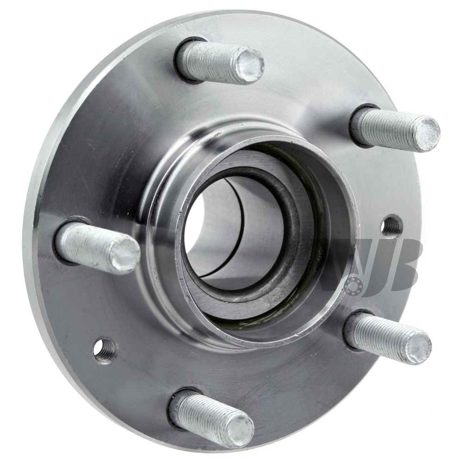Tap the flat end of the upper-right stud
click(428, 132)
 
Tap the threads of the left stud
click(88, 249)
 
